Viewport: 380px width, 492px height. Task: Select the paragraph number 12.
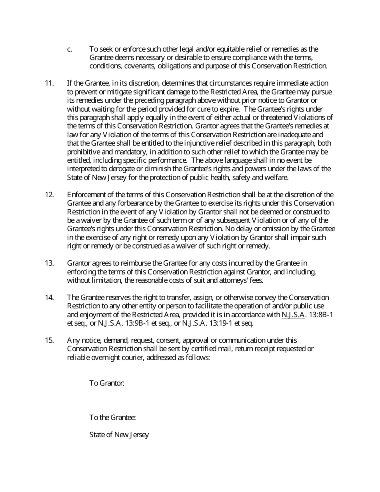tap(49, 195)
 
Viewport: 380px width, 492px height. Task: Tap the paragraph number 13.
tap(49, 263)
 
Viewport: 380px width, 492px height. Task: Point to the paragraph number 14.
tap(49, 298)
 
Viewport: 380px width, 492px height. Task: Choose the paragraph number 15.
tap(49, 340)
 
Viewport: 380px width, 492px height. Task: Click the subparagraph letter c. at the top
tap(70, 49)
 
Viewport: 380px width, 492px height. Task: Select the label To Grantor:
tap(107, 383)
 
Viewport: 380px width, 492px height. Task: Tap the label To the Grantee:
tap(112, 418)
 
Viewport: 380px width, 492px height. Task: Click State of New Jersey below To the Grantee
tap(119, 435)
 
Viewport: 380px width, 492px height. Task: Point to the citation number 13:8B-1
tap(321, 315)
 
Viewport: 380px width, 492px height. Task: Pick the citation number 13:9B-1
tap(137, 324)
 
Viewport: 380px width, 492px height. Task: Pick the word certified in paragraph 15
tap(230, 349)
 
